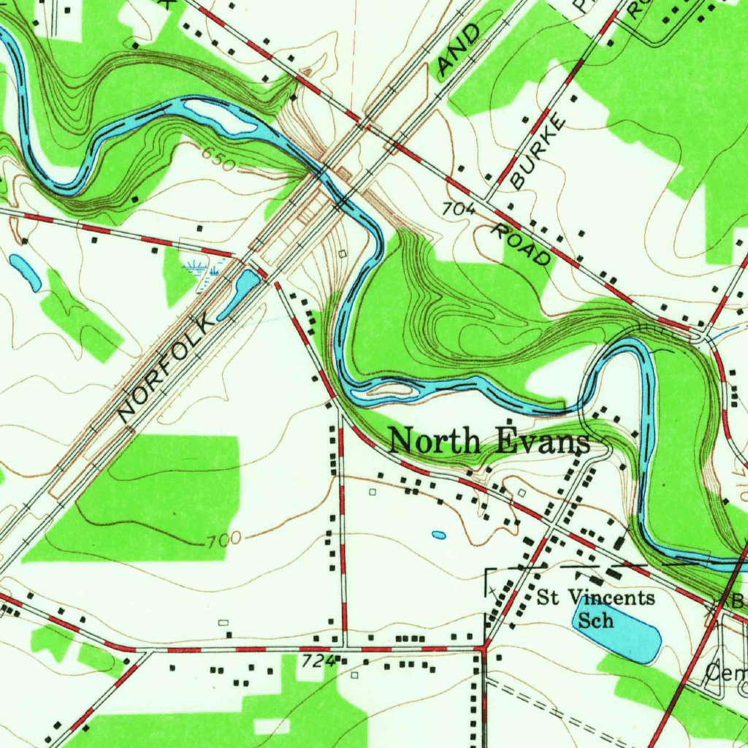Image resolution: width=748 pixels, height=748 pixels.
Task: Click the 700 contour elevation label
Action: [223, 541]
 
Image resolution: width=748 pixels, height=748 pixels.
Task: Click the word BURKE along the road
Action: [539, 152]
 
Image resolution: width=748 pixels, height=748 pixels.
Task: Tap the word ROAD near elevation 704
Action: [522, 245]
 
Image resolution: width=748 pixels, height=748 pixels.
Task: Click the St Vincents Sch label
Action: [595, 608]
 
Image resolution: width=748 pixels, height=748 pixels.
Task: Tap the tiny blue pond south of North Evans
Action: [438, 535]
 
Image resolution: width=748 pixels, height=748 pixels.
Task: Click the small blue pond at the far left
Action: [26, 272]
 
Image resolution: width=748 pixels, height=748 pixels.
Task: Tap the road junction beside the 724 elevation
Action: [343, 648]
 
